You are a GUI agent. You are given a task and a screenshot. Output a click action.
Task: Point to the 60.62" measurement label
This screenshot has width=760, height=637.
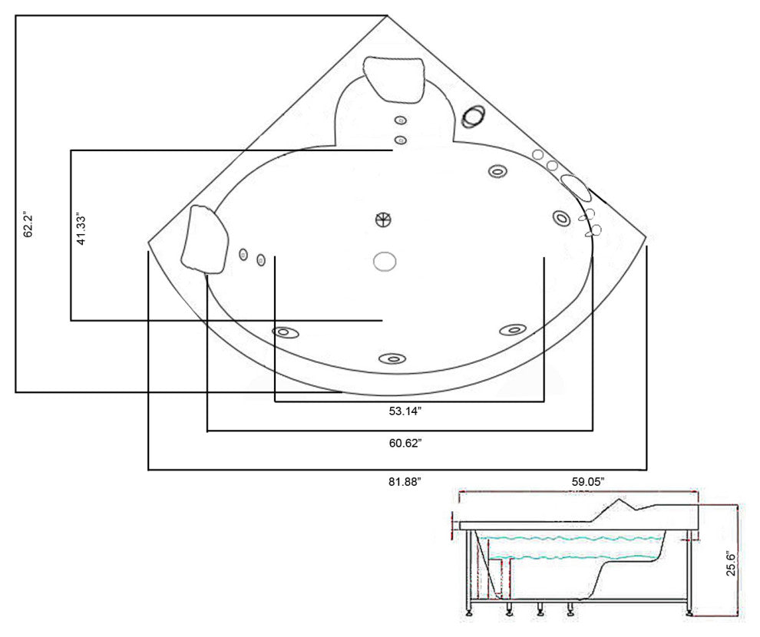(405, 443)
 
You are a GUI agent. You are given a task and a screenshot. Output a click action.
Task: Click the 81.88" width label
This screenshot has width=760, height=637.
(405, 481)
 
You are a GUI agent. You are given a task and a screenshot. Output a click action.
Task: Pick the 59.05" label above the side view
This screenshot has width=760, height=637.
(587, 481)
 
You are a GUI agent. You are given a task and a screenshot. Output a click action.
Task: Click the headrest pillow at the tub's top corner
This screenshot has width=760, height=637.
(396, 79)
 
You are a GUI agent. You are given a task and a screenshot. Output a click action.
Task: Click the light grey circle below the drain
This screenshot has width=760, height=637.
(385, 262)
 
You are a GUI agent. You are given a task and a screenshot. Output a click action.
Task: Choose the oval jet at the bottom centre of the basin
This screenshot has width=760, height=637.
(392, 358)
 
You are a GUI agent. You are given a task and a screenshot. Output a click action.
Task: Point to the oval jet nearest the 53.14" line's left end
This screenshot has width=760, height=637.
(284, 332)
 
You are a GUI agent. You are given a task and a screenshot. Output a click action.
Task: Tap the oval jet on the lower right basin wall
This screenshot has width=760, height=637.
(513, 330)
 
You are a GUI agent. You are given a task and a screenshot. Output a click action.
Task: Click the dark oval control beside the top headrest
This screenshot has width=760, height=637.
(474, 116)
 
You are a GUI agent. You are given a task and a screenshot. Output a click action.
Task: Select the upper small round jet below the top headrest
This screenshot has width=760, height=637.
(400, 120)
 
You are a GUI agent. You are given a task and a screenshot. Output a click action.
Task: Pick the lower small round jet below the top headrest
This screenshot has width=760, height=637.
(400, 140)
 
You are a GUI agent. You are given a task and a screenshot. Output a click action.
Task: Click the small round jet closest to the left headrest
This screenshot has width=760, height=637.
(243, 255)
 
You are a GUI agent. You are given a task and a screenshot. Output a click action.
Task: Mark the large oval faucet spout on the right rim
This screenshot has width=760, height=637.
(575, 185)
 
